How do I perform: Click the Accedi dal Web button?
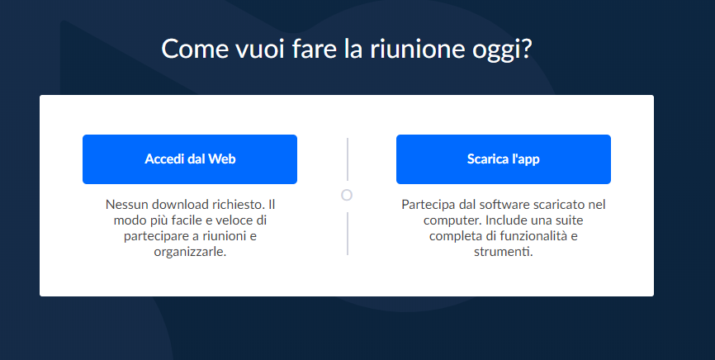pyautogui.click(x=190, y=159)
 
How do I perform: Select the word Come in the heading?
pyautogui.click(x=195, y=49)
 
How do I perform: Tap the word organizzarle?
pyautogui.click(x=190, y=252)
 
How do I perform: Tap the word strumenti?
pyautogui.click(x=504, y=252)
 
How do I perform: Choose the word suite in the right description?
pyautogui.click(x=568, y=220)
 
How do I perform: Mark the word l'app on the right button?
pyautogui.click(x=524, y=160)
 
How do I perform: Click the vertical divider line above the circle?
pyautogui.click(x=348, y=159)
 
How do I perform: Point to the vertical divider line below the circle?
pyautogui.click(x=348, y=234)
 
